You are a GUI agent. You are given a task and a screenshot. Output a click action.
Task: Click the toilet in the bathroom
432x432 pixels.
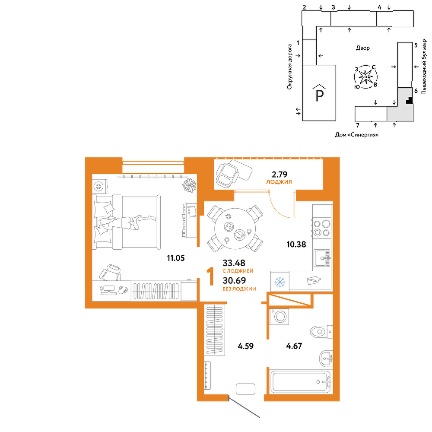[321, 332]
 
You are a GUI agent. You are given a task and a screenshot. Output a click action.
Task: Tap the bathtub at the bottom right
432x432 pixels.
[301, 382]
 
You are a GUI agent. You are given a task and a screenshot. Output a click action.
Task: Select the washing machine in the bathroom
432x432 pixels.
[280, 317]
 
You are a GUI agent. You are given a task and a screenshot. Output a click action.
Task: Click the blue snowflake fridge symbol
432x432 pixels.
[280, 282]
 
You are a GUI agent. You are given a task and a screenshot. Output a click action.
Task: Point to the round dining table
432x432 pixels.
[235, 229]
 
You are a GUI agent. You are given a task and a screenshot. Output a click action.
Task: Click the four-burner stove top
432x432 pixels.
[322, 228]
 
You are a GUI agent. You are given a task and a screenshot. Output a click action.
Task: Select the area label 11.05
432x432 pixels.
[176, 258]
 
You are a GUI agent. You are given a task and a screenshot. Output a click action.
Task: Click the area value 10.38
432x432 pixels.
[296, 245]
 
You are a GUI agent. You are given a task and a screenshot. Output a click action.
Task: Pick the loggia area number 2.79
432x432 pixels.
[280, 175]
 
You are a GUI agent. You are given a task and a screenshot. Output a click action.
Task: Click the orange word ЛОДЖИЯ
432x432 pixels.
[279, 182]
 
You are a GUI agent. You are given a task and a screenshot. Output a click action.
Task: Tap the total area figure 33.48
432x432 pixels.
[234, 263]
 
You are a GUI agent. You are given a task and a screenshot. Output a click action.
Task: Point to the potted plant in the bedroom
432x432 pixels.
[190, 185]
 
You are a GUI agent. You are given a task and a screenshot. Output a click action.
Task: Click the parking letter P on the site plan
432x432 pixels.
[319, 95]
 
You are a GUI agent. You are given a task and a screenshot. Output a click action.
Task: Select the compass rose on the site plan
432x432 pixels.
[365, 77]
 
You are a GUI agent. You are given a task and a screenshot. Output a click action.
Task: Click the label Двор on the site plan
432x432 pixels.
[363, 48]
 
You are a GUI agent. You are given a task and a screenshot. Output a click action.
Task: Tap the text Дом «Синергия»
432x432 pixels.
[357, 135]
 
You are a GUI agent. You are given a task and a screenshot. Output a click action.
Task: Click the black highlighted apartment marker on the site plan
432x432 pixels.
[410, 101]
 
